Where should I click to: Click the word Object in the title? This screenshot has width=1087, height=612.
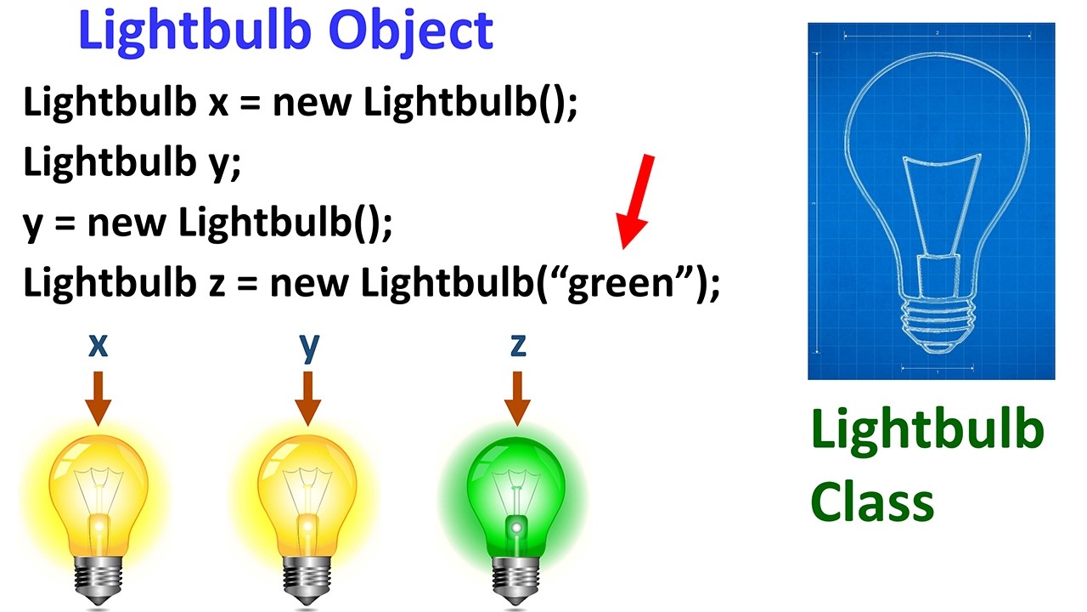[x=412, y=31]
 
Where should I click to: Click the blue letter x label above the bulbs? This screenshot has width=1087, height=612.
[x=99, y=344]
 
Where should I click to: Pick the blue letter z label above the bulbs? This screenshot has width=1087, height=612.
[x=517, y=344]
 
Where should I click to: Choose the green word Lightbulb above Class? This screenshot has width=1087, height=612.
[x=926, y=429]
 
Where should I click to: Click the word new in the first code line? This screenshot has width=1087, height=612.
[x=311, y=104]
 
